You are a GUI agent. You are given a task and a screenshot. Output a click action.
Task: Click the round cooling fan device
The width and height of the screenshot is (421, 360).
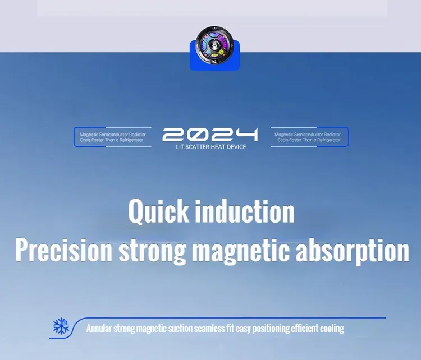[214, 45]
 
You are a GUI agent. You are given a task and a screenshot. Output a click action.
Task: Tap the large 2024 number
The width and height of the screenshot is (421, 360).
[210, 135]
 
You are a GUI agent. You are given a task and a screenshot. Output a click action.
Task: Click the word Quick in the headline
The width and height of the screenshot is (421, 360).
[158, 211]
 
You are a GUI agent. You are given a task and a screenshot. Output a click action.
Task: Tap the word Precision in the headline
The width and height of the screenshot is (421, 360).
[63, 250]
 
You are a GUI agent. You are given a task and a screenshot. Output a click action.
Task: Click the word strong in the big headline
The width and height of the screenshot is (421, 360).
[152, 252]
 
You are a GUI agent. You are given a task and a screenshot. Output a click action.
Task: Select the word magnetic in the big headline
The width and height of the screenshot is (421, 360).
[241, 252]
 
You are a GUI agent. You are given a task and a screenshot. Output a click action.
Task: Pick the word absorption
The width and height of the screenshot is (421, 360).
[353, 252]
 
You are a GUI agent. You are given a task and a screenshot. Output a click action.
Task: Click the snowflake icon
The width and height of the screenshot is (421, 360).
[61, 326]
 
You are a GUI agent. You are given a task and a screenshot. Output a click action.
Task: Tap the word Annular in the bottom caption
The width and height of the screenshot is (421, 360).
[99, 329]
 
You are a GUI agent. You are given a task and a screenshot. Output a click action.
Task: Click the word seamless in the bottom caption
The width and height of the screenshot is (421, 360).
[210, 329]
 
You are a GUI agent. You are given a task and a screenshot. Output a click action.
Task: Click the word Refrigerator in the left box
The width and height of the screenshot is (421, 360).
[131, 140]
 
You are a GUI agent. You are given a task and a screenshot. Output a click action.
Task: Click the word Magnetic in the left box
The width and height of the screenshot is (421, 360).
[89, 135]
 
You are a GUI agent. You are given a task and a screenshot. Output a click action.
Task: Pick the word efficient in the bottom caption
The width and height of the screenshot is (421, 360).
[305, 329]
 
